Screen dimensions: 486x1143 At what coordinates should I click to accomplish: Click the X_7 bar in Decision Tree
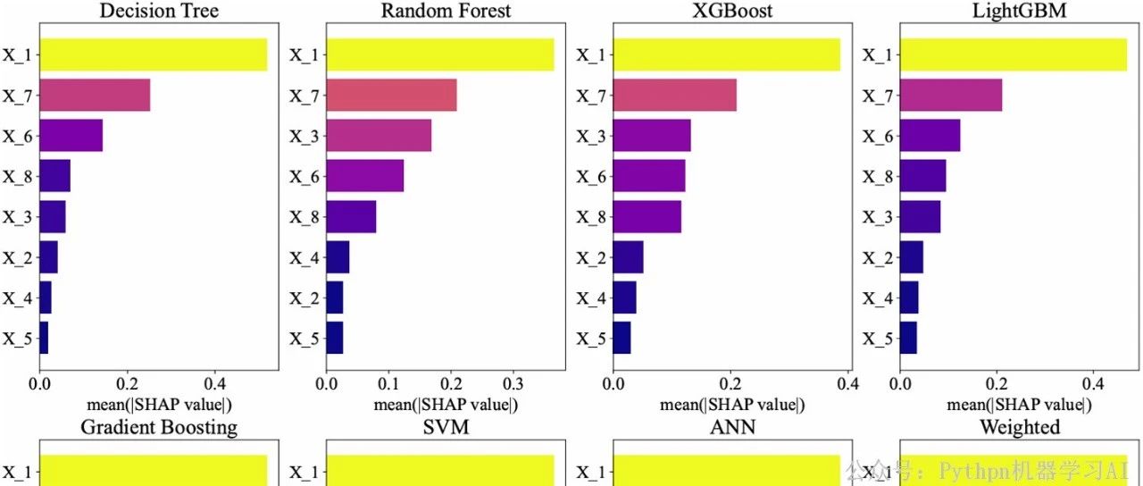click(95, 95)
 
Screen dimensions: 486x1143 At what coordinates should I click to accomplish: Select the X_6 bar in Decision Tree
click(71, 135)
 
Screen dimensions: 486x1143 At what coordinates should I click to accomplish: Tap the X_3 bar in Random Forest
click(379, 135)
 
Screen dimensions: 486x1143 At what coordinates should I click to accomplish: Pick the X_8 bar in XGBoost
click(647, 217)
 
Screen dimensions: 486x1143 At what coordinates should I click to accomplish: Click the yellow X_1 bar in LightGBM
click(1013, 54)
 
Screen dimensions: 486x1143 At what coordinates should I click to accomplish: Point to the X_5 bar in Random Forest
click(335, 339)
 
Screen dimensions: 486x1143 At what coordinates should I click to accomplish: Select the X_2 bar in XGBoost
click(629, 257)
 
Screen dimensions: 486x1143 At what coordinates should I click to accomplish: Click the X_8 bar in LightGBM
click(922, 176)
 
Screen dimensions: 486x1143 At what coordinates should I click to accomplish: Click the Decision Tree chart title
click(159, 12)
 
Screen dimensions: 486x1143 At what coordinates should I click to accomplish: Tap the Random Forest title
click(446, 12)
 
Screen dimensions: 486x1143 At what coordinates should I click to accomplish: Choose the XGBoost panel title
click(732, 12)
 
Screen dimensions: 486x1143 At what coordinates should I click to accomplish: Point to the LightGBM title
click(1019, 12)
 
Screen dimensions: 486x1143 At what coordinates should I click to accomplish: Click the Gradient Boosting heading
click(159, 427)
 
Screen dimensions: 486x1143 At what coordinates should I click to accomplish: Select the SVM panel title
click(446, 427)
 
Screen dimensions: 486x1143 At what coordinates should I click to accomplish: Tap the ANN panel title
click(732, 427)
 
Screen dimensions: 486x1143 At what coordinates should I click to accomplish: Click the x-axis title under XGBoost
click(732, 405)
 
